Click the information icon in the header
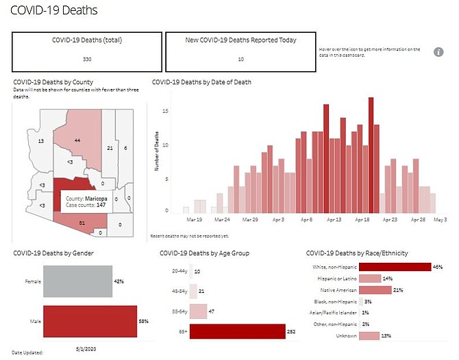(x=440, y=52)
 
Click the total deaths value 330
(x=86, y=59)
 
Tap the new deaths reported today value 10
(x=240, y=59)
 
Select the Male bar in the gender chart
(x=90, y=322)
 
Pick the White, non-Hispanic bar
(x=395, y=267)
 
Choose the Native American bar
(x=375, y=290)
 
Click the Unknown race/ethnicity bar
(x=369, y=335)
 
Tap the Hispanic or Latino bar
(x=370, y=279)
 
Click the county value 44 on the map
(x=77, y=140)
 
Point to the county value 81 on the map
(x=82, y=222)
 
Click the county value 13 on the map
(x=41, y=141)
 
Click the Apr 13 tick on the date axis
(x=334, y=220)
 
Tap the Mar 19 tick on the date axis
(x=194, y=220)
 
